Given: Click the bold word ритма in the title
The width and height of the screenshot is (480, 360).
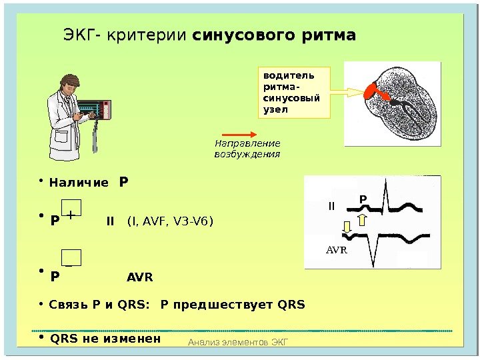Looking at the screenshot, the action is coord(327,35).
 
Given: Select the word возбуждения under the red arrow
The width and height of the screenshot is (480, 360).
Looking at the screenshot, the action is coord(246,155).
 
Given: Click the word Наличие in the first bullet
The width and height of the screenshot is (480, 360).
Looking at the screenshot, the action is coord(79,182).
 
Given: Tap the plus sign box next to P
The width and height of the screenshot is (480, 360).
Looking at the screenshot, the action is coord(71,211).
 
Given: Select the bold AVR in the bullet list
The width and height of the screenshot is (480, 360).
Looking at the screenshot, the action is coord(140,277).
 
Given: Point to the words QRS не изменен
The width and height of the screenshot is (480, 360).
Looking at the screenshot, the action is coord(106,338).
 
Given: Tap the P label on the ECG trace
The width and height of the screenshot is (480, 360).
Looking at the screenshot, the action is coord(363,199).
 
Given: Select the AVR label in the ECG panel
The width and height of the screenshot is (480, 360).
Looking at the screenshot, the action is coord(337,250).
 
